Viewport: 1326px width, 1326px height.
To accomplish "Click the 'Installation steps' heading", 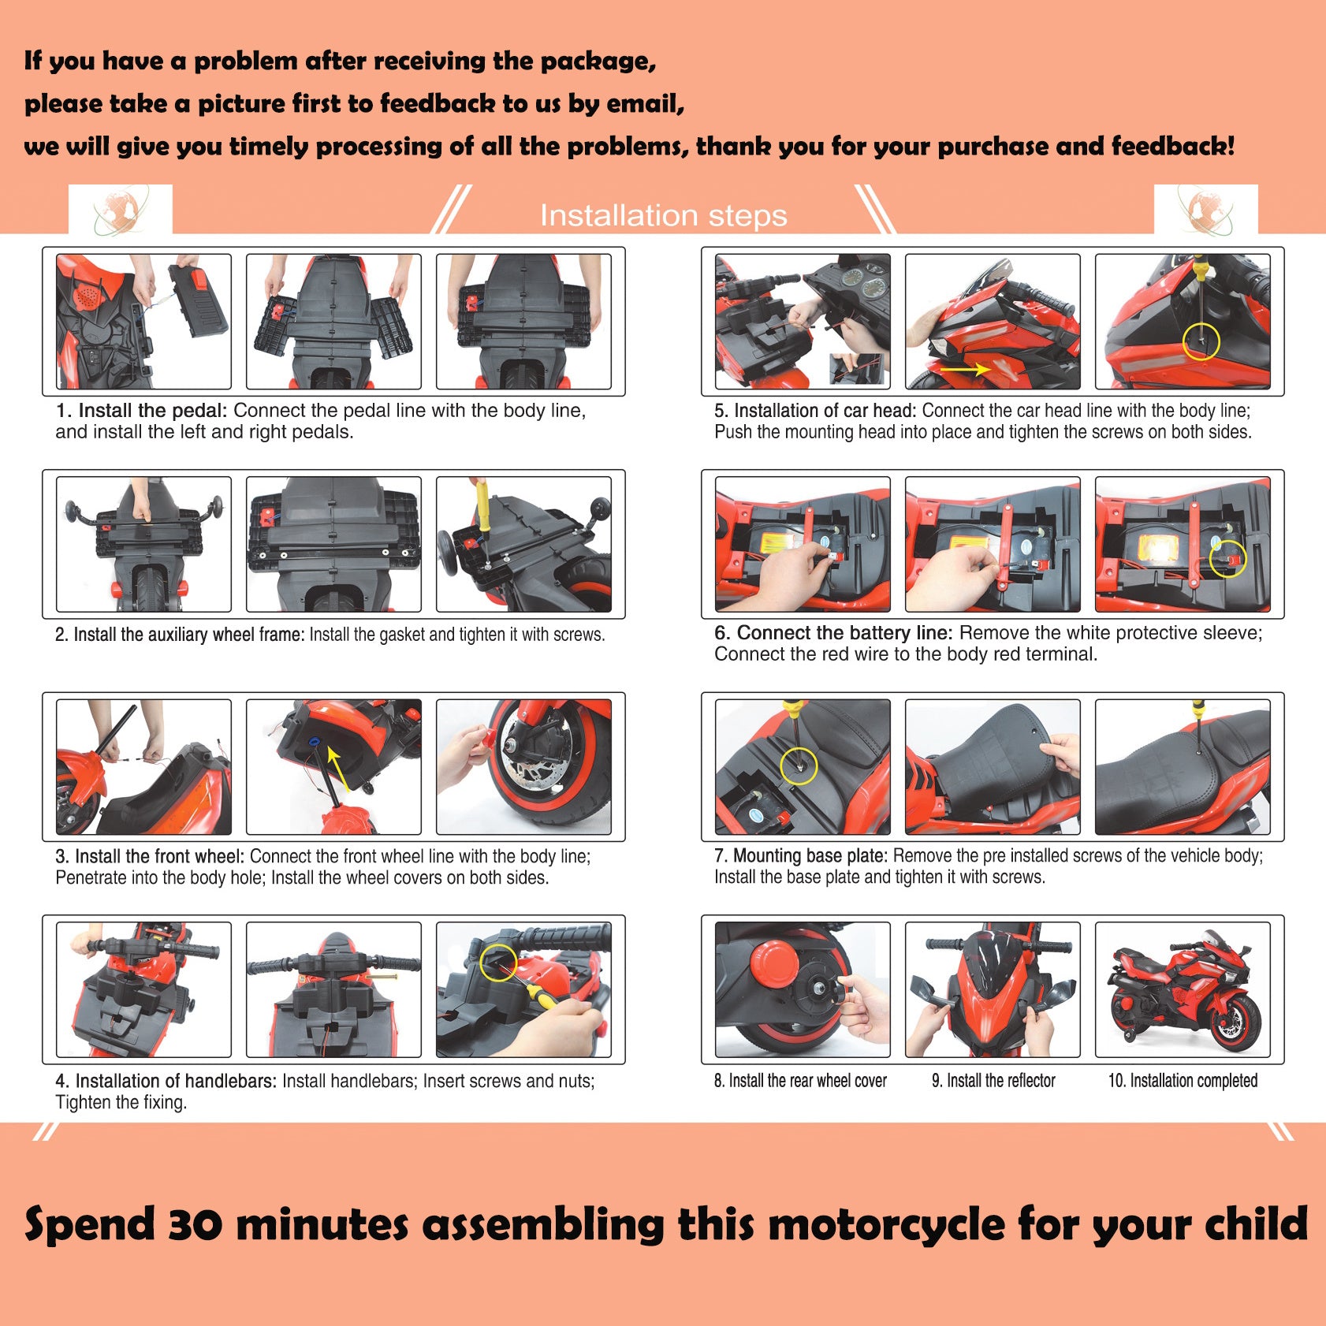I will click(663, 215).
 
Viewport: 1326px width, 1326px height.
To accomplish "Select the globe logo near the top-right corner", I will click(1205, 210).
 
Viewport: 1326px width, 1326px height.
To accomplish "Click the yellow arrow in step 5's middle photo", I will click(965, 368).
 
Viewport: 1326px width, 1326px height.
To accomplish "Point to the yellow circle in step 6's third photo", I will click(1227, 559).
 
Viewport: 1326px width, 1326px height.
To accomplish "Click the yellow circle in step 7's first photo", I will click(799, 765).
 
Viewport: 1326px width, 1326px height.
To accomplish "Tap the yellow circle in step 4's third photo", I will click(498, 963).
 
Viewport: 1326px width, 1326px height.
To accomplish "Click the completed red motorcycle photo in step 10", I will click(1182, 989).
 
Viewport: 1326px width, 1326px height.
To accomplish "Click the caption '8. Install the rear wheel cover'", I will click(800, 1081).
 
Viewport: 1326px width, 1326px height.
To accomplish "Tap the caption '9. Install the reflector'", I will click(993, 1081).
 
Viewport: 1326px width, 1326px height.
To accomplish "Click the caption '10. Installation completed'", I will click(1183, 1081).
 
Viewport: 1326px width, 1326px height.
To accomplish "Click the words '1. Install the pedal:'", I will click(141, 411).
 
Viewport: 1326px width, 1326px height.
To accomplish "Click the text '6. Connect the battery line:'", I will click(833, 633).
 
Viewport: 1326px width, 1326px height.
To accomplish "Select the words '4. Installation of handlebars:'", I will click(166, 1081).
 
